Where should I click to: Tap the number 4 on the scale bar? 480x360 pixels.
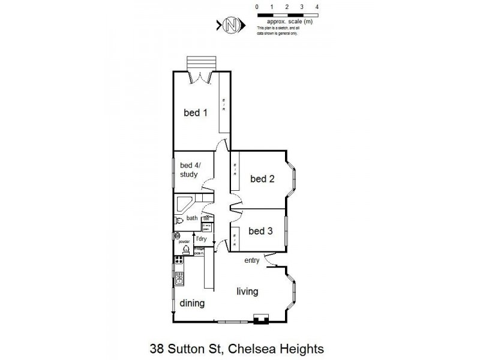coord(317,6)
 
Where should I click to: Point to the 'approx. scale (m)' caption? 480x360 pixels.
coord(290,22)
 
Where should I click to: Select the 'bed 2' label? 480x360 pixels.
coord(262,178)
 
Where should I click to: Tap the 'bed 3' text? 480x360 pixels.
coord(261,231)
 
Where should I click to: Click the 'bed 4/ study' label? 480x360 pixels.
coord(191,170)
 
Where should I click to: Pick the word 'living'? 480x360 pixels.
coord(247,292)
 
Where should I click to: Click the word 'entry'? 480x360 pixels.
coord(252,260)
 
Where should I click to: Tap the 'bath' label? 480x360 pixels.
coord(192,218)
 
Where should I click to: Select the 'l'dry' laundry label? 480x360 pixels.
coord(201,239)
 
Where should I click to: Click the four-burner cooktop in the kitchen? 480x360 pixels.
coord(179,260)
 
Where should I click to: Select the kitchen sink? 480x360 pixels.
coord(179,278)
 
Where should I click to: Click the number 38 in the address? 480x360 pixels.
coord(156,347)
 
